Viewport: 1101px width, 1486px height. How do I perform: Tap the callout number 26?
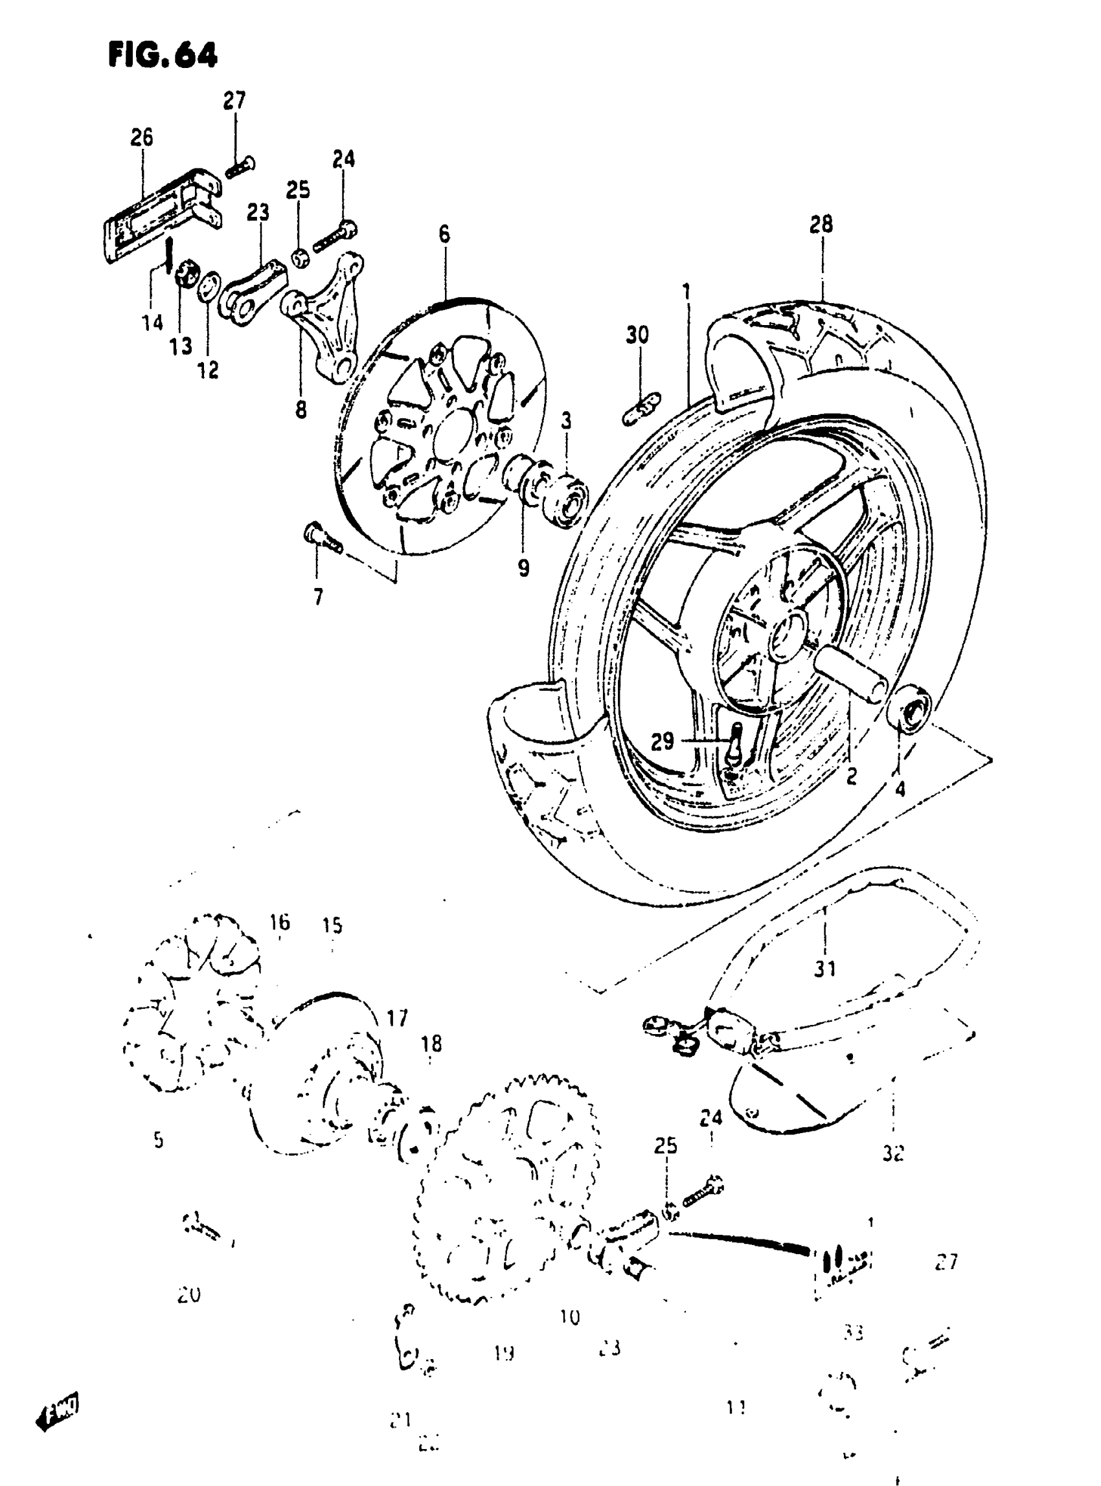[x=141, y=137]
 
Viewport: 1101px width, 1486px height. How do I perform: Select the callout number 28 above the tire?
[x=821, y=225]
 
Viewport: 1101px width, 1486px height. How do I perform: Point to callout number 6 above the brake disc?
[x=444, y=234]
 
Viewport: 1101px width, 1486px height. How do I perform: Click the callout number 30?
[x=637, y=335]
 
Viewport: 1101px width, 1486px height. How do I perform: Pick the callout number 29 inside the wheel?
[x=663, y=741]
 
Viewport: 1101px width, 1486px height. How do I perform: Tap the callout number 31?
[x=825, y=968]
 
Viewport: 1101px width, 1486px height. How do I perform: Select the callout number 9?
[x=524, y=568]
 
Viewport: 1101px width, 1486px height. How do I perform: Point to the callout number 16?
[x=280, y=922]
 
